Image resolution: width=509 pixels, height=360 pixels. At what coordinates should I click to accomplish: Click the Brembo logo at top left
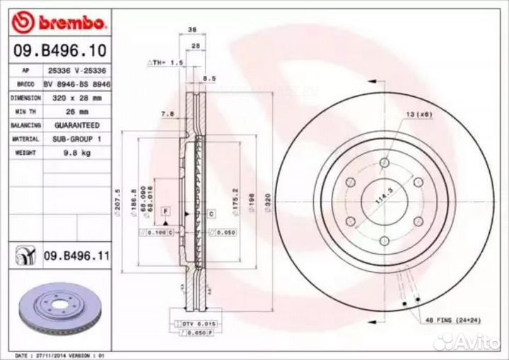60,23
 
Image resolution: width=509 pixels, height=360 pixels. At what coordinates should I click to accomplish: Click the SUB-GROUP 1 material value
74,139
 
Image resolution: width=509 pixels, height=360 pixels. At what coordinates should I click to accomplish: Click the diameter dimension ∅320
268,202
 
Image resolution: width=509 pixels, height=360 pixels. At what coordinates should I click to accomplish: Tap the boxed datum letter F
165,211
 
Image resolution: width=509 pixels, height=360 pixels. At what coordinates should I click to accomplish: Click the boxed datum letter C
211,212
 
